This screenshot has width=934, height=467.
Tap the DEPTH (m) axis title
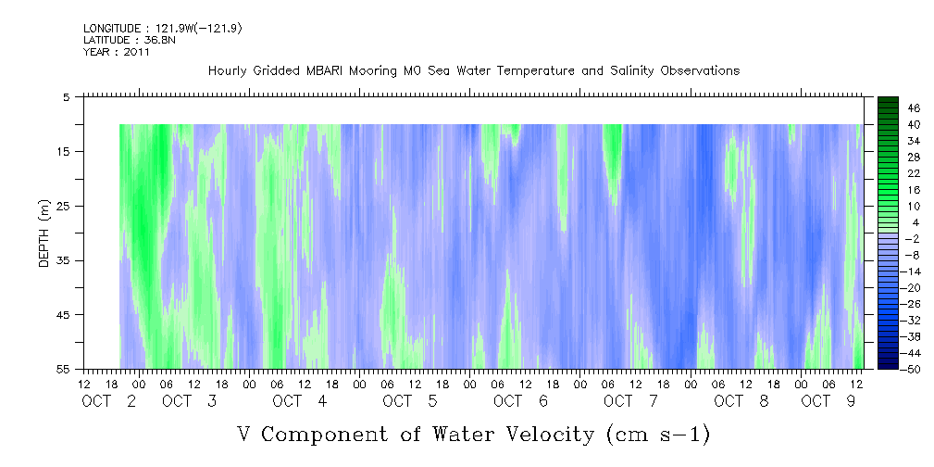44,233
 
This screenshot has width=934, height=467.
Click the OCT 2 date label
109,401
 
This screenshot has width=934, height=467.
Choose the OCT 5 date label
410,401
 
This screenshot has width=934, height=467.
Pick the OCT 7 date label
630,401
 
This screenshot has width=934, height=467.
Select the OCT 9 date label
828,401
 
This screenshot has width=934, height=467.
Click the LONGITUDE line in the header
163,28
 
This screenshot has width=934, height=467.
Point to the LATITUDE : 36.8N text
130,40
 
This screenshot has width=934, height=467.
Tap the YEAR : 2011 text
116,52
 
